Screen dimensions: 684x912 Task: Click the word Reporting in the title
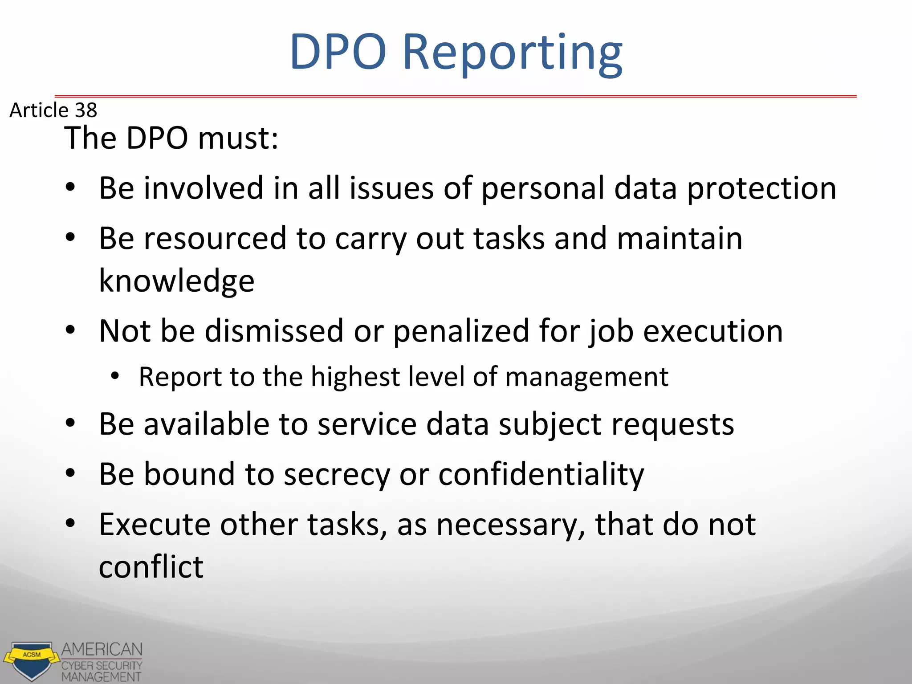(512, 53)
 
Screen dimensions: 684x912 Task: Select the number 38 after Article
(86, 110)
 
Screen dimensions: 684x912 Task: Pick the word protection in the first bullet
(761, 189)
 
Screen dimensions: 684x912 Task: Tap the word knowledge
(176, 281)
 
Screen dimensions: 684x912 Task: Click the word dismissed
(274, 331)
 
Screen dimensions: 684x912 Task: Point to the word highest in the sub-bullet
(355, 377)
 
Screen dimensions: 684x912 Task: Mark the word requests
(672, 425)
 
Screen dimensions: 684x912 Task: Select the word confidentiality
(541, 474)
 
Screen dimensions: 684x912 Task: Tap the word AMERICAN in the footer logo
(102, 649)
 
